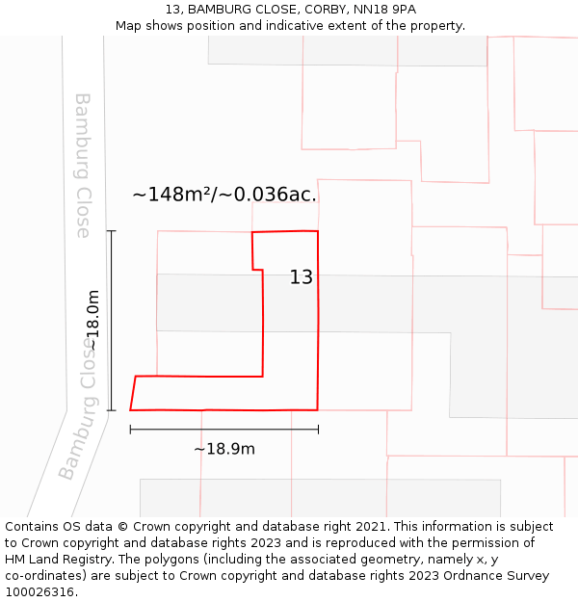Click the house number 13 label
tap(301, 277)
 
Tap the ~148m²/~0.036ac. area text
tap(223, 195)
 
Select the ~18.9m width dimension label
tap(223, 449)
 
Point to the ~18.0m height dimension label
tap(93, 321)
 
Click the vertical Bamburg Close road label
tap(83, 166)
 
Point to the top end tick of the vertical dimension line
tap(112, 231)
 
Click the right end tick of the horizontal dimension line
tap(318, 430)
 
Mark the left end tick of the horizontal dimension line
tap(130, 430)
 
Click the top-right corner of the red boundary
tap(318, 231)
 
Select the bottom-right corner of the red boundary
tap(318, 410)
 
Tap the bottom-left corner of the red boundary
tap(130, 410)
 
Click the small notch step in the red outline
tap(258, 270)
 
